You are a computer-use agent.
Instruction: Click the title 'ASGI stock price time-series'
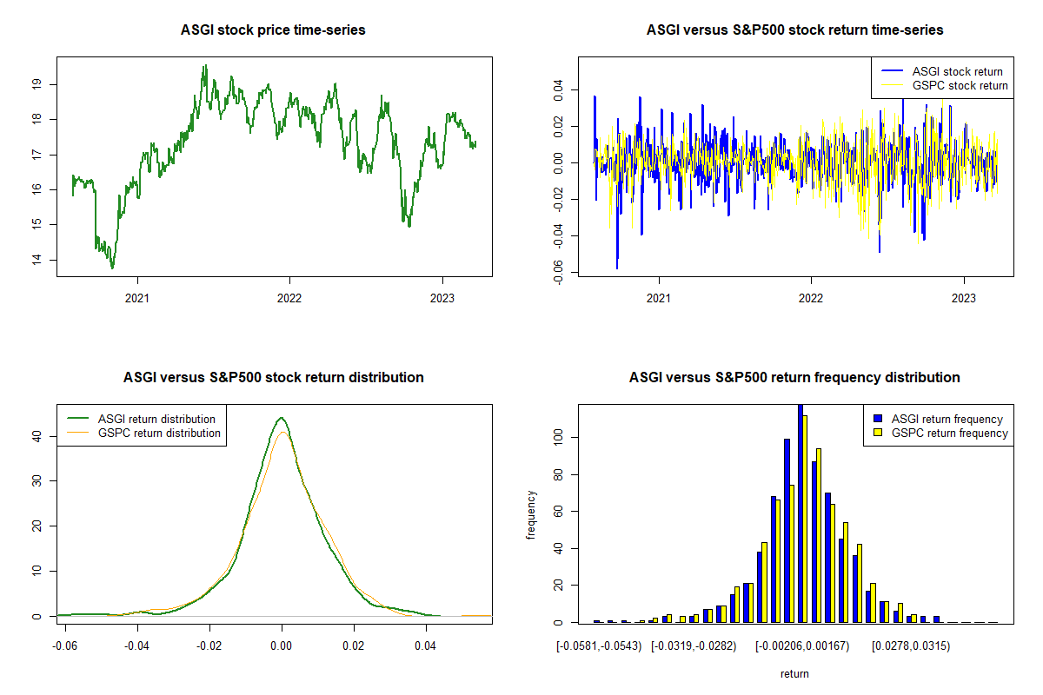coord(273,30)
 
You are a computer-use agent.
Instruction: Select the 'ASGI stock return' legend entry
coord(957,71)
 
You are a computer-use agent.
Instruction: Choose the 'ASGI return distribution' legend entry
coord(156,419)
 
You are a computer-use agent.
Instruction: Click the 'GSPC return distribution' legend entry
coord(159,433)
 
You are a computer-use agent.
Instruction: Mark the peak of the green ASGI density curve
coord(282,418)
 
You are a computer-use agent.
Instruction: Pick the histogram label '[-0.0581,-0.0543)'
coord(599,646)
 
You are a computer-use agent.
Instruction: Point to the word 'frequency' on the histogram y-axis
coord(532,514)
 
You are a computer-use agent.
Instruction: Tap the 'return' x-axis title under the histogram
coord(794,674)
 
